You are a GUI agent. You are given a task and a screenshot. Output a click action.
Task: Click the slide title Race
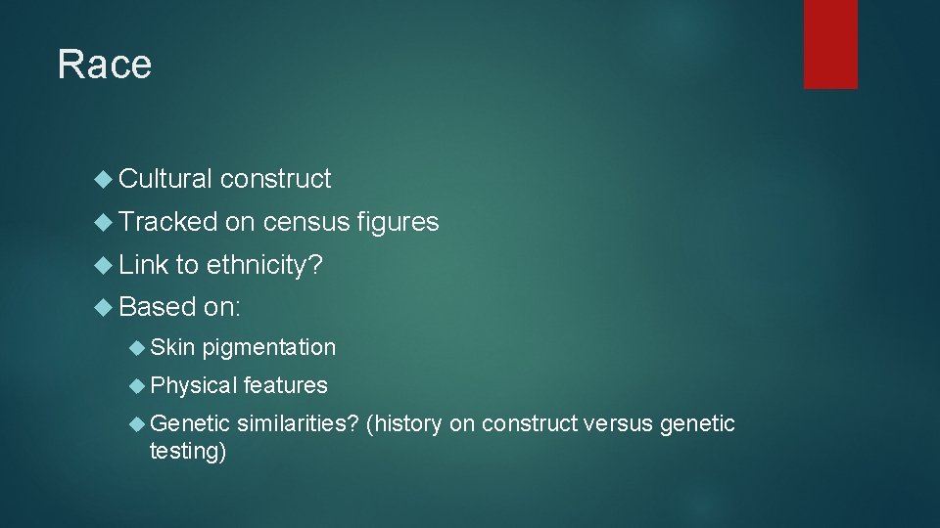105,65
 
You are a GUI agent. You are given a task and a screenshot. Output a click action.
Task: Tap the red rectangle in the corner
830,43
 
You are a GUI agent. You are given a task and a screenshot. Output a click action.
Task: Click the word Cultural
164,179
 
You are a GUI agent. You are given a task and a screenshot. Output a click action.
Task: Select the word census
305,223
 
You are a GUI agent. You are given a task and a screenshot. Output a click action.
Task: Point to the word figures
398,223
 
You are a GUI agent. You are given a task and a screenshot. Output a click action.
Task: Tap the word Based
157,307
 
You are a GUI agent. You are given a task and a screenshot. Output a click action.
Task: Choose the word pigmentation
268,347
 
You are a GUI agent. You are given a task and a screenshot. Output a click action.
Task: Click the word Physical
194,385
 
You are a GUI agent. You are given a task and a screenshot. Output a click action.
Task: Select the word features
285,385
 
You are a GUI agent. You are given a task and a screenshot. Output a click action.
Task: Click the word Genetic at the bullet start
190,423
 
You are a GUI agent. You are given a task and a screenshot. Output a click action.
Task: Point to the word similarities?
298,423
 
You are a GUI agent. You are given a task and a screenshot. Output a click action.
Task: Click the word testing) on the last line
187,452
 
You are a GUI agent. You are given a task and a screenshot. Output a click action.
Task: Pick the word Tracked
167,223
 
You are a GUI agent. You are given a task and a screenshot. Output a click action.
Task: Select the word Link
143,265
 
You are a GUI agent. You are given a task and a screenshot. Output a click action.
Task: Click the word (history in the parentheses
403,423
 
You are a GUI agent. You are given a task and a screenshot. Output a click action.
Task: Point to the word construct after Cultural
275,179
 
